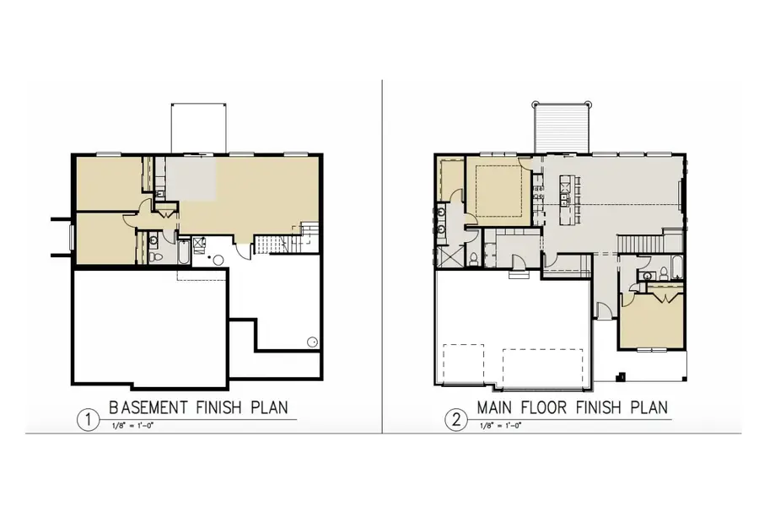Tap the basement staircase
271,245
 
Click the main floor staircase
639,243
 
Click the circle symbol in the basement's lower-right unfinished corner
312,342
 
